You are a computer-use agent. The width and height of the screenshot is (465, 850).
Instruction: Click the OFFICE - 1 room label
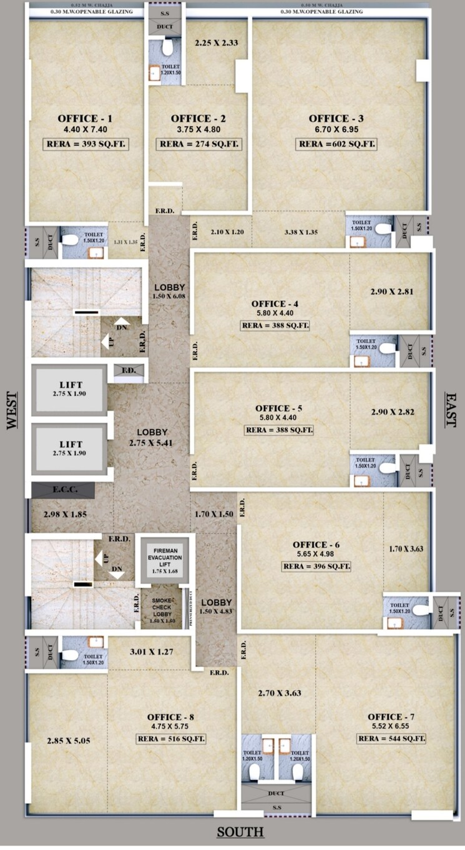pos(85,119)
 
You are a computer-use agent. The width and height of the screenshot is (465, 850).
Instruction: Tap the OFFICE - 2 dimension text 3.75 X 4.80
pos(198,130)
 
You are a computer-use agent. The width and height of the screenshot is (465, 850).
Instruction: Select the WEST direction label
pos(11,410)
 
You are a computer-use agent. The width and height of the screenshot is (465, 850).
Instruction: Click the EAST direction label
pos(451,410)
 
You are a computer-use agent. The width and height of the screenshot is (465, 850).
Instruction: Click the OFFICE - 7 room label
pos(393,716)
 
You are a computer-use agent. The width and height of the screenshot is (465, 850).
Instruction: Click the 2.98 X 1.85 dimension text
pos(65,515)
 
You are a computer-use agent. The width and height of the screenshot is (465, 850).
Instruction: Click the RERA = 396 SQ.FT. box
pos(316,567)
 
